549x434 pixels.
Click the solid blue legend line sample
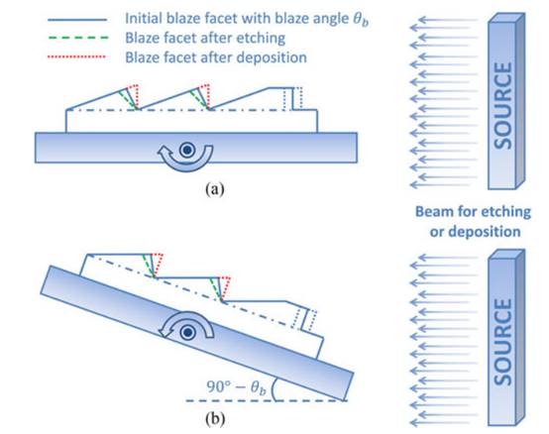point(77,20)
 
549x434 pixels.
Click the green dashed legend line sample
point(77,38)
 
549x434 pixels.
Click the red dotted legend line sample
point(76,56)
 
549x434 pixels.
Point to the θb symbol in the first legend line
point(361,19)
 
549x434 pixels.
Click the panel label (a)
point(215,189)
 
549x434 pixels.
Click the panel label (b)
point(215,418)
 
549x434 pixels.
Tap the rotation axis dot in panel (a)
point(187,150)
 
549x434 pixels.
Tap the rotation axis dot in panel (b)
point(188,332)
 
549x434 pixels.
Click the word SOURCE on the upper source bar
point(502,105)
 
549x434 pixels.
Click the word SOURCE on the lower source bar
point(502,342)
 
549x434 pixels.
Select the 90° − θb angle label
point(236,387)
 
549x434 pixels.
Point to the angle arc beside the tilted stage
point(274,389)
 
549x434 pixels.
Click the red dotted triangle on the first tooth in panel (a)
point(133,95)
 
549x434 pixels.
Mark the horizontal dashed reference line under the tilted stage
point(267,400)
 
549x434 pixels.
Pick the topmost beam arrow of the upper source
point(443,20)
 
